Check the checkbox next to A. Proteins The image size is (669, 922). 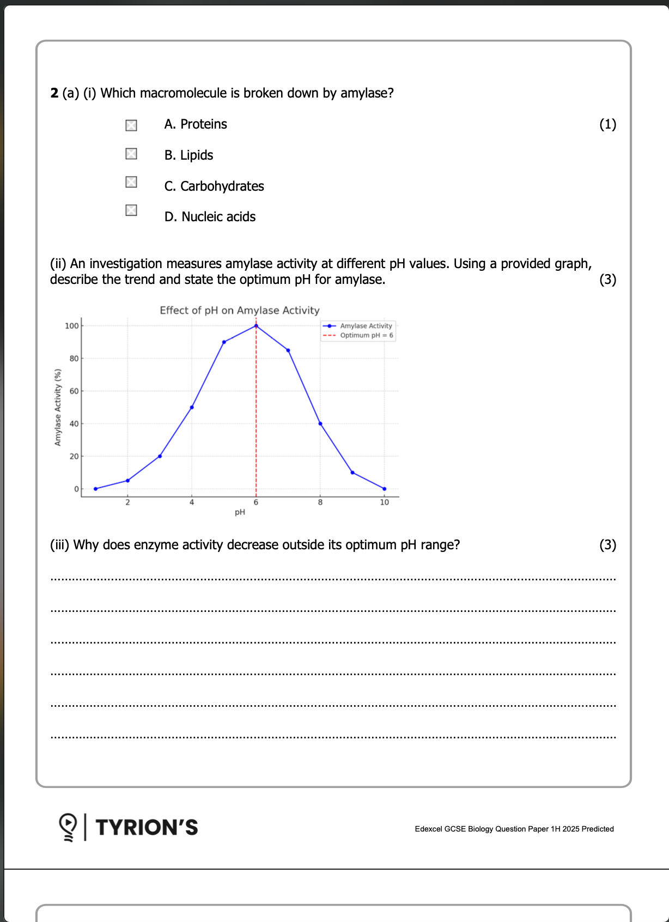click(x=131, y=125)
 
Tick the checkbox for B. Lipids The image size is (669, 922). click(x=131, y=154)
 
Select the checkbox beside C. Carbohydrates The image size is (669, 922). click(x=131, y=182)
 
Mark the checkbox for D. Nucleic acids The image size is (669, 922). click(x=131, y=210)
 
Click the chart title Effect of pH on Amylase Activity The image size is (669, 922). click(x=240, y=311)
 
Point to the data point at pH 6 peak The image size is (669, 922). click(x=256, y=326)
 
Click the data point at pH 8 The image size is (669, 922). click(x=320, y=423)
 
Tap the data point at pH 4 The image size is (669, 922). click(x=192, y=407)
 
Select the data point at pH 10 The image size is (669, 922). click(x=385, y=489)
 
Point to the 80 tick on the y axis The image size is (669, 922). click(x=74, y=359)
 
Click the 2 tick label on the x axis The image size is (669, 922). click(x=127, y=502)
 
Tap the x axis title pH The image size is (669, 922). click(x=240, y=512)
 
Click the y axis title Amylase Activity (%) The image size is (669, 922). click(x=58, y=407)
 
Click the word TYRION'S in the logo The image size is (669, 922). click(x=147, y=827)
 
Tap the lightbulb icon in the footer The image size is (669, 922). click(x=68, y=827)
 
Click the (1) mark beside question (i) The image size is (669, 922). click(x=607, y=124)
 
